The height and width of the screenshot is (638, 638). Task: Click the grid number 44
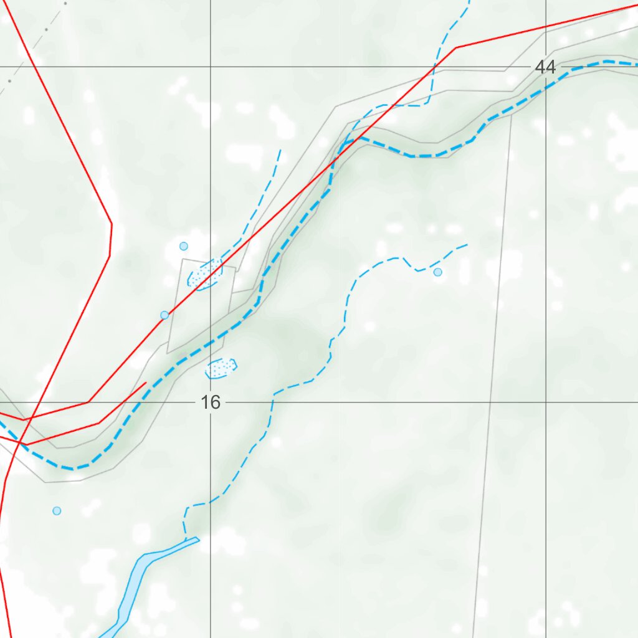[545, 67]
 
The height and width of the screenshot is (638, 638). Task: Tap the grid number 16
[211, 402]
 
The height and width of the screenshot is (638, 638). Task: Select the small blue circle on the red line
[164, 315]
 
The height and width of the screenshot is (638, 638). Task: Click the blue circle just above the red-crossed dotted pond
[184, 246]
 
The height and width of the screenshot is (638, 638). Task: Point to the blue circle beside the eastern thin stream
[437, 272]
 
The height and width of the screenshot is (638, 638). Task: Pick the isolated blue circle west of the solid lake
[57, 511]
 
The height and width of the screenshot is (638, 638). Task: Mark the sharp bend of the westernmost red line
[111, 224]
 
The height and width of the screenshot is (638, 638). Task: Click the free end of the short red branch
[146, 383]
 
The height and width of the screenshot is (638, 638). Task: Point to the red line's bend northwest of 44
[456, 47]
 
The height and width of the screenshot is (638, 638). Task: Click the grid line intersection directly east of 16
[546, 402]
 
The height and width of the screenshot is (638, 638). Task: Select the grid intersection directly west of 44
[211, 67]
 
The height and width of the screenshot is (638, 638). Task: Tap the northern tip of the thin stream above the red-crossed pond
[280, 150]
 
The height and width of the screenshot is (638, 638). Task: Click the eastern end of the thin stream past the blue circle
[467, 244]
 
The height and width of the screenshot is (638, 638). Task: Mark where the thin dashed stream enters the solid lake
[186, 540]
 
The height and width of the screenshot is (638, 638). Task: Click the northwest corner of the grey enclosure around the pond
[183, 259]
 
